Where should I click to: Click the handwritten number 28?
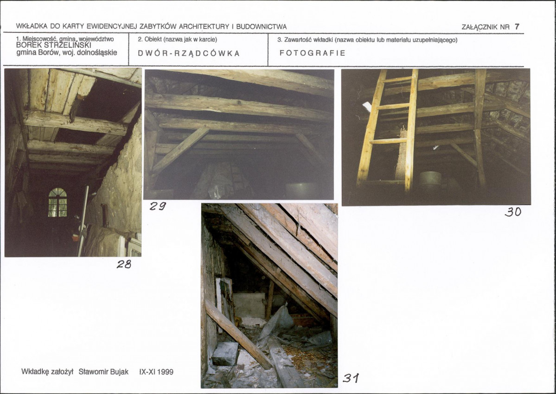point(124,264)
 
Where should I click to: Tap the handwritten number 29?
point(158,206)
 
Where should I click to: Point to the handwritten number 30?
point(513,212)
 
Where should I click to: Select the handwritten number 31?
point(351,378)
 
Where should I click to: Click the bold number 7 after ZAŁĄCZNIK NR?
point(517,26)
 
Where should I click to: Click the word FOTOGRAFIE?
point(313,53)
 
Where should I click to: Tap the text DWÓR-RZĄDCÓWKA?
point(189,53)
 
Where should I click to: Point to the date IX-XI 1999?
point(156,372)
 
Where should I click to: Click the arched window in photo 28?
point(58,202)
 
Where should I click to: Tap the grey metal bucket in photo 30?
point(430,181)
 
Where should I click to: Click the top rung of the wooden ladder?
point(397,79)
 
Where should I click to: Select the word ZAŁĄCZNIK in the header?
point(480,27)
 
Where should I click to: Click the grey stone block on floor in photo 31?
point(225,354)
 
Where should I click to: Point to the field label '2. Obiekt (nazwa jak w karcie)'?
point(177,39)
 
